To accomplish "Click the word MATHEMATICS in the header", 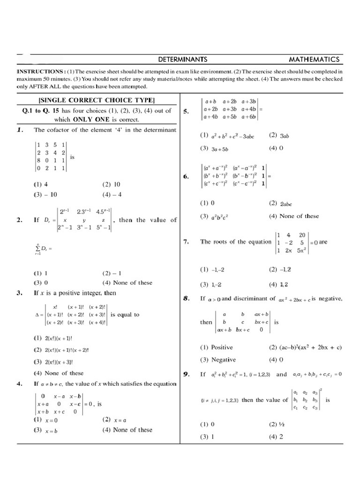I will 314,60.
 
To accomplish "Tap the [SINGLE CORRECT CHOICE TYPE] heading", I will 96,100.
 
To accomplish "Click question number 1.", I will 20,130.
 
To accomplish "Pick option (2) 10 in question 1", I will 111,185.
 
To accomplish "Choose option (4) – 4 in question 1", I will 112,195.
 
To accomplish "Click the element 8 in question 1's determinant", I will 39,160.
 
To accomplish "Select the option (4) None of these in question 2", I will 127,283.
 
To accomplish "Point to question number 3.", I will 20,293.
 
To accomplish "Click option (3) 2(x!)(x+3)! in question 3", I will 53,362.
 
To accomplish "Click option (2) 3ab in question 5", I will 279,135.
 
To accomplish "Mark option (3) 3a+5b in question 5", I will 214,149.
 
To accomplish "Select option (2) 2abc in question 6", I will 280,203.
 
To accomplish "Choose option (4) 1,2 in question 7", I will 278,284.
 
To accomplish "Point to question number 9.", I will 186,374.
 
